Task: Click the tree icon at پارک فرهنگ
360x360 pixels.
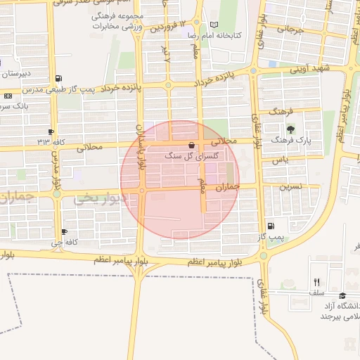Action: coord(291,128)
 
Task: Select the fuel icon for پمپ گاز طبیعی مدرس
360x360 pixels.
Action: coord(58,78)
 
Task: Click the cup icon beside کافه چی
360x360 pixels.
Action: coord(64,231)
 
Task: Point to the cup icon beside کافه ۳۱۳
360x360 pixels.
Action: coord(51,131)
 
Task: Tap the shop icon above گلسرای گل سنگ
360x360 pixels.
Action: coord(192,144)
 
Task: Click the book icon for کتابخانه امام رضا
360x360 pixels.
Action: coord(214,25)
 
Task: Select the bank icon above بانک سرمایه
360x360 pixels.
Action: coord(8,96)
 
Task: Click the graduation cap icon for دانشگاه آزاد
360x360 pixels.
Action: coord(342,296)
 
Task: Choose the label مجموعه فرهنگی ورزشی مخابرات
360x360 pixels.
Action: coord(117,20)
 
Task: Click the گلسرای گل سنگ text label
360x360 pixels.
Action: coord(191,155)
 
